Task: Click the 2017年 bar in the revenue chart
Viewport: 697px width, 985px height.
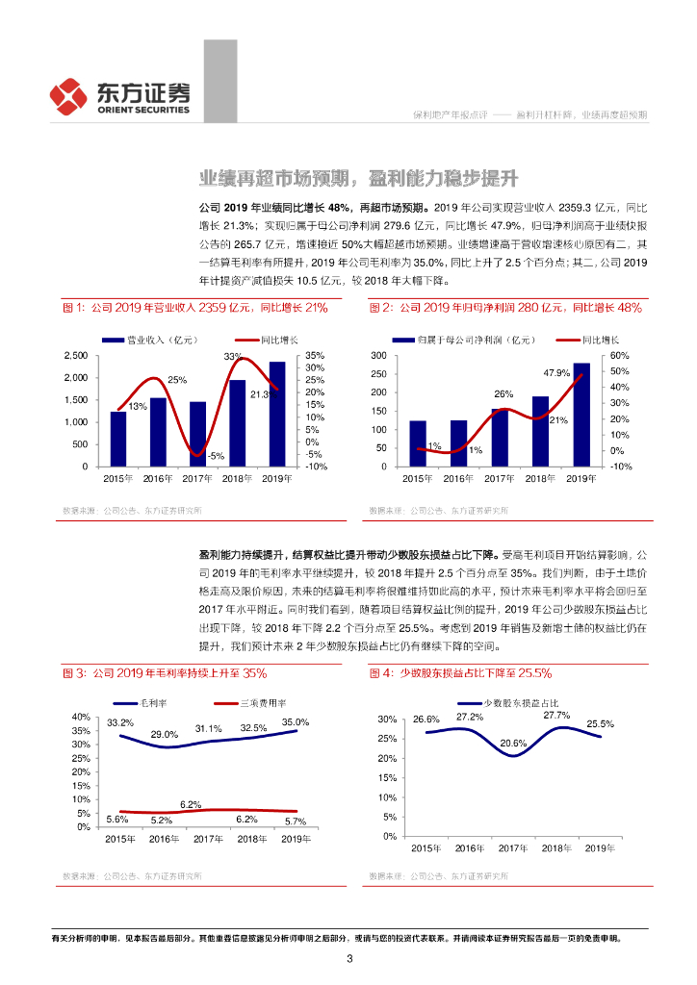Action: pyautogui.click(x=197, y=434)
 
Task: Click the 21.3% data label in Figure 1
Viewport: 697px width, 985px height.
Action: pyautogui.click(x=264, y=392)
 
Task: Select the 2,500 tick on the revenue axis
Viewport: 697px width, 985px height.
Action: pyautogui.click(x=74, y=356)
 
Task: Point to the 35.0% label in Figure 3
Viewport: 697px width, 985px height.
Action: pyautogui.click(x=296, y=722)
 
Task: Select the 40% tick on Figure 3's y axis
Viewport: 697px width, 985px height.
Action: pyautogui.click(x=81, y=717)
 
